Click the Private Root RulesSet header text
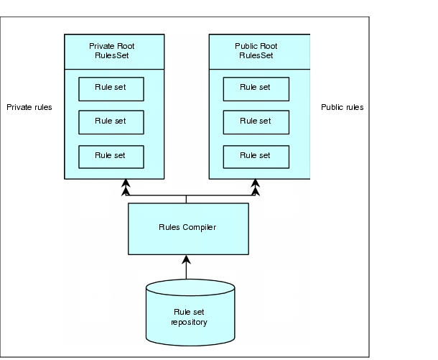112,50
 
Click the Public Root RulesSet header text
256,50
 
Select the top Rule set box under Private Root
111,89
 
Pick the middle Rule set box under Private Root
111,122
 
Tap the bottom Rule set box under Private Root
111,157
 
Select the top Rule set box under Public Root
256,89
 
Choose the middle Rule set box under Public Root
256,122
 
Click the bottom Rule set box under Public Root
256,157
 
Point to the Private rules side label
29,107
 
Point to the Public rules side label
343,107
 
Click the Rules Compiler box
188,229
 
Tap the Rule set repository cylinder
190,313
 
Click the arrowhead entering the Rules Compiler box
186,259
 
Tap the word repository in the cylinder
189,322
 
